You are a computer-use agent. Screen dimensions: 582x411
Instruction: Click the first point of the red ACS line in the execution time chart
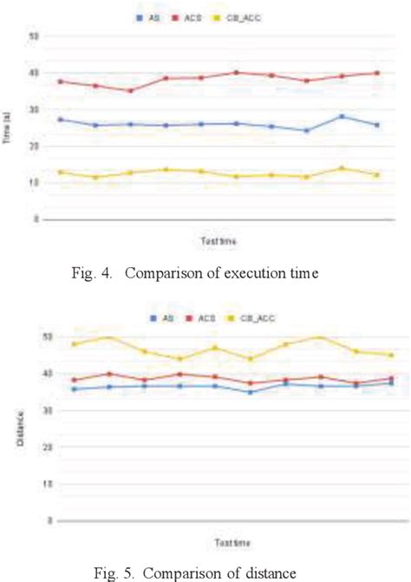pos(60,82)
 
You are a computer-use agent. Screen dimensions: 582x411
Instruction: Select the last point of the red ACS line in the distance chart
pos(391,378)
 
